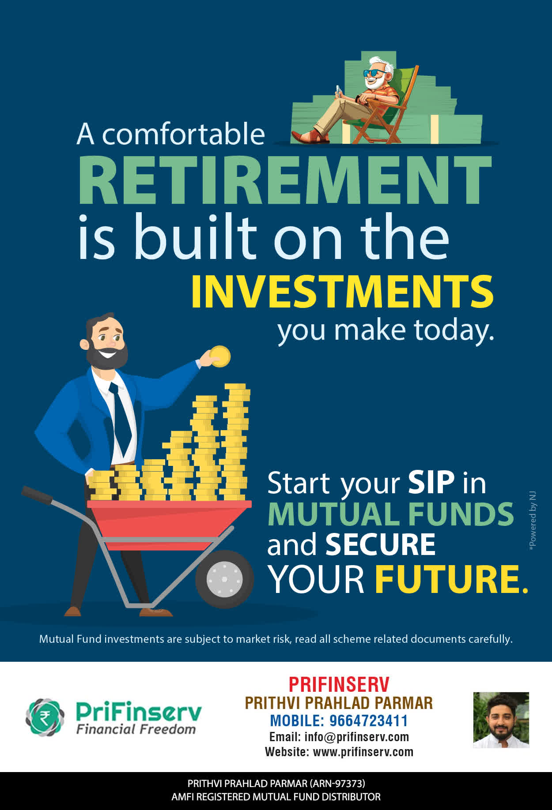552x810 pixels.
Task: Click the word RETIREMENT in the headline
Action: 285,180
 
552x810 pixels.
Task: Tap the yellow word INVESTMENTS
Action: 342,292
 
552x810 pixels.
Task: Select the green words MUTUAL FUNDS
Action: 391,514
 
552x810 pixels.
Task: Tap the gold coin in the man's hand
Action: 220,356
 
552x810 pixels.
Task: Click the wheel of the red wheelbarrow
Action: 224,579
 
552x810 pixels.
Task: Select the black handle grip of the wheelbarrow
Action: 37,495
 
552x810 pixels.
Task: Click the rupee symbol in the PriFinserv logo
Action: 45,717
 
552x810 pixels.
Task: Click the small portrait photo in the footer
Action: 501,720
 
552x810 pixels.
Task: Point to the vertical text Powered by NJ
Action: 533,520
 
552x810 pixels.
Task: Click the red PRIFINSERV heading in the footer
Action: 339,685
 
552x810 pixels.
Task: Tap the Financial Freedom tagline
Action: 136,729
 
